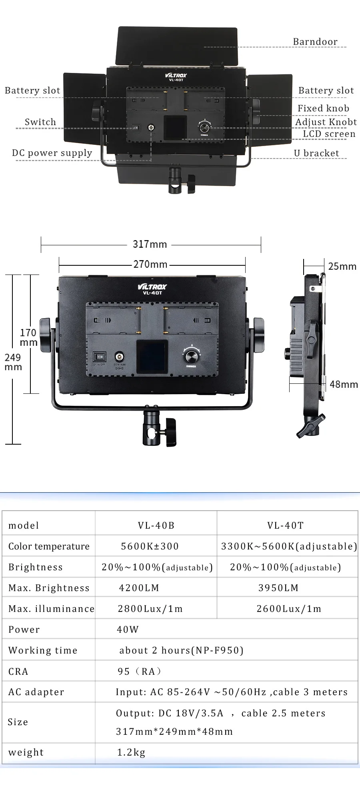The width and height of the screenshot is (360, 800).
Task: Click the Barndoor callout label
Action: pos(315,42)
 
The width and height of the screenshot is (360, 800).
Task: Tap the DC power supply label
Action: pos(52,153)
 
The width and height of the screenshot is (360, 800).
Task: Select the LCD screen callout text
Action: pos(329,134)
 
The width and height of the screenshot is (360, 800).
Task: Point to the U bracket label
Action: pos(316,153)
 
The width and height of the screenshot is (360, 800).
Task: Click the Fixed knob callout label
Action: pos(323,108)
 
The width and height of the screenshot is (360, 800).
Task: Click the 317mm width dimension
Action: pos(150,244)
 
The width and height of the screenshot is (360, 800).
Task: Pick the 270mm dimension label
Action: pos(150,264)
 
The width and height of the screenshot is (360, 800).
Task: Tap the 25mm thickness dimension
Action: pos(342,266)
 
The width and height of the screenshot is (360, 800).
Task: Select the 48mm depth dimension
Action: pos(344,384)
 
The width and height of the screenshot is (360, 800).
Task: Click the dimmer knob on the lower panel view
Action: pos(191,355)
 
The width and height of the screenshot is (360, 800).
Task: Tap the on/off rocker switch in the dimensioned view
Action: pos(99,356)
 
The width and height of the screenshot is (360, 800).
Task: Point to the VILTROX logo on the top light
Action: pos(176,75)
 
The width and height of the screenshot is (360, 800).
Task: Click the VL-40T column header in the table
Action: pos(286,525)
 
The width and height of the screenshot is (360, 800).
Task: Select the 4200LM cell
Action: pos(139,587)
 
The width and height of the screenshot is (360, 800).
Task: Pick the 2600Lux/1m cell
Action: pos(289,608)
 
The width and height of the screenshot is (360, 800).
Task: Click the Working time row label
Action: pos(43,650)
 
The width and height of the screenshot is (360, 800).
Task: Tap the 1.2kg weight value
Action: pos(131,752)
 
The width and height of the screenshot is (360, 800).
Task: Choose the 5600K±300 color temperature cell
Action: pos(150,546)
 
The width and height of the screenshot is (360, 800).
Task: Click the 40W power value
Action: pos(128,629)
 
